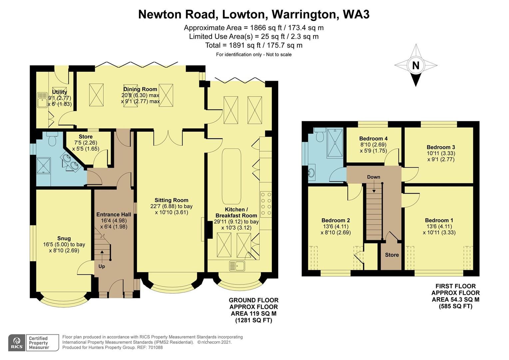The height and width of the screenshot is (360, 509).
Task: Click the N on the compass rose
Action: [415, 65]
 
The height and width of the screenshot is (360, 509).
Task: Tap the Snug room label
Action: [64, 238]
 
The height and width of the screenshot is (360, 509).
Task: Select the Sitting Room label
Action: [171, 200]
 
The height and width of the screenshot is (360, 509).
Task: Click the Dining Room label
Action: [140, 89]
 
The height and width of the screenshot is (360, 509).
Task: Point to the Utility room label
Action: [60, 92]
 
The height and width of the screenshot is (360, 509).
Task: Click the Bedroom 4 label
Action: [373, 139]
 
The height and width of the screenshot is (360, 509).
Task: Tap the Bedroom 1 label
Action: [439, 220]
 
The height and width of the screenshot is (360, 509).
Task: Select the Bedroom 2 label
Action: [335, 220]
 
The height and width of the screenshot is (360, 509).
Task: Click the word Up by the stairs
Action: [102, 266]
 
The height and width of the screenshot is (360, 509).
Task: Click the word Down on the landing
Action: [373, 177]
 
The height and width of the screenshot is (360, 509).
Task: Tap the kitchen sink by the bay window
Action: [237, 266]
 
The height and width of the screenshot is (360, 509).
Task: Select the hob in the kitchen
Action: [266, 204]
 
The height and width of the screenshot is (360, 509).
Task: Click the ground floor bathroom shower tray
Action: [43, 165]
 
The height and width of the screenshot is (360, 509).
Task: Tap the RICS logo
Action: [16, 343]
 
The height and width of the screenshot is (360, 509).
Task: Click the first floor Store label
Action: [392, 255]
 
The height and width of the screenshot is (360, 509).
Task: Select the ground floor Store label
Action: [86, 137]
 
